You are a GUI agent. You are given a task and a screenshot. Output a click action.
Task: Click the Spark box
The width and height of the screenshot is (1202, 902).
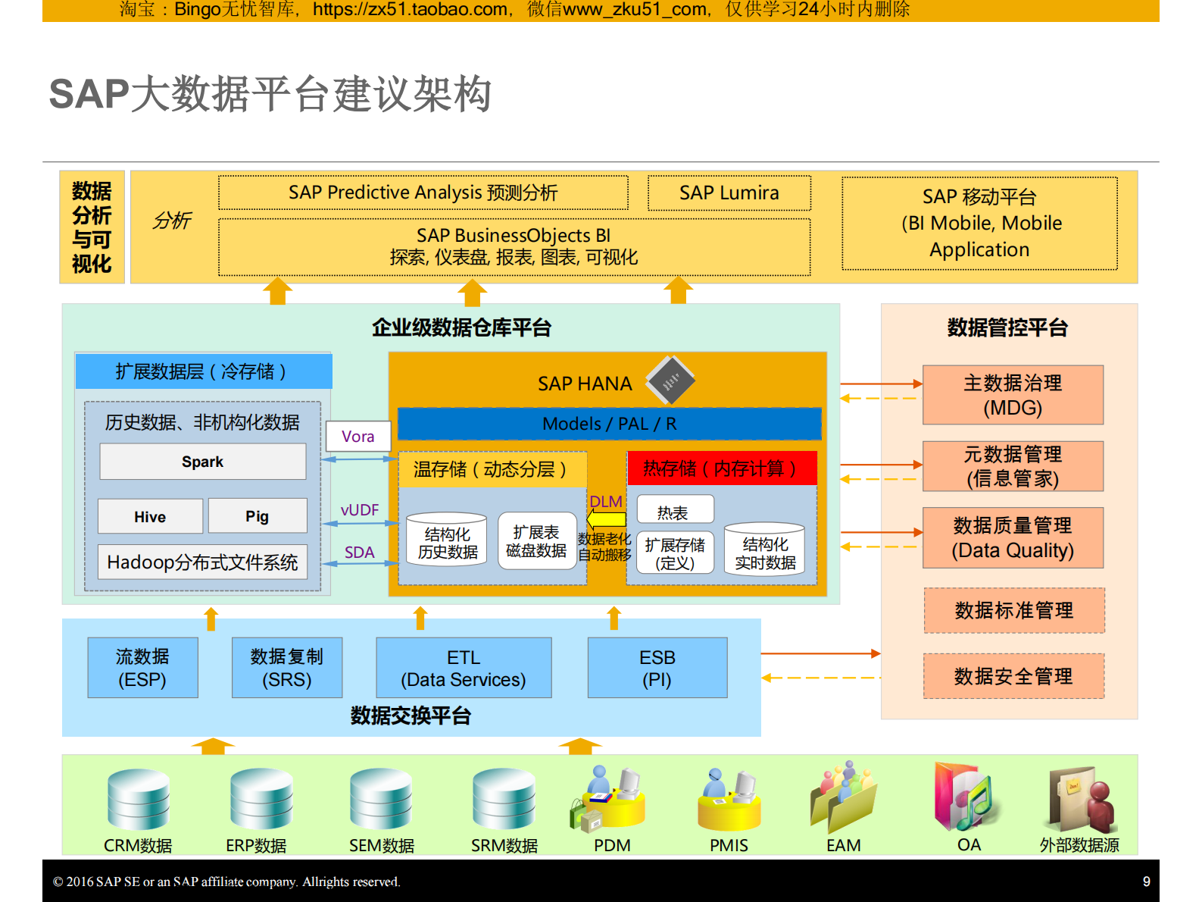click(202, 462)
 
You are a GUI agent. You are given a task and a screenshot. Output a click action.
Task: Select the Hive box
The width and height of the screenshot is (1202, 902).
click(150, 516)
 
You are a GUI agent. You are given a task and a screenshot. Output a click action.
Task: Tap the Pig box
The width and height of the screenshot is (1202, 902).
click(257, 516)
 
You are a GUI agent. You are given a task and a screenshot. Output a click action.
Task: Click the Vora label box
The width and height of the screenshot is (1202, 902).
click(358, 437)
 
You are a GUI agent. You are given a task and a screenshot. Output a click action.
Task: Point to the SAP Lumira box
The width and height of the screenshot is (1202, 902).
click(729, 193)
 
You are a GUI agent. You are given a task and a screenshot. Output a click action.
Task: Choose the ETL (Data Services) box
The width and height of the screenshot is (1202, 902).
click(464, 668)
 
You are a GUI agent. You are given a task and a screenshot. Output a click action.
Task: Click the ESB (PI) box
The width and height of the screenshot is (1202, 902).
click(657, 668)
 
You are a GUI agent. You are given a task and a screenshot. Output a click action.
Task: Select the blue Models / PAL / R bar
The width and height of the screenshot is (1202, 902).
click(609, 424)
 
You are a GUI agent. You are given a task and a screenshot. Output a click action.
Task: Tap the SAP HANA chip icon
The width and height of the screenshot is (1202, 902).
click(670, 380)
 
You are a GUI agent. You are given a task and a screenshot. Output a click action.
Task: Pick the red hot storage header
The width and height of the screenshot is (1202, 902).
click(721, 468)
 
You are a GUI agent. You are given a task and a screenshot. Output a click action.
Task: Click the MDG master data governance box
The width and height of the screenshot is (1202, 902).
click(1013, 395)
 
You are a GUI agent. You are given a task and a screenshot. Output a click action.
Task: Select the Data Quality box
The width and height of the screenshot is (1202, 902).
click(1013, 537)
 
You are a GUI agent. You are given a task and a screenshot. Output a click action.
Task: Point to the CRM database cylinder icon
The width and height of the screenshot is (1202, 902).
click(138, 800)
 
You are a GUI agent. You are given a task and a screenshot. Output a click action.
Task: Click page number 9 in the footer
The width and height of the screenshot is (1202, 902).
click(1146, 882)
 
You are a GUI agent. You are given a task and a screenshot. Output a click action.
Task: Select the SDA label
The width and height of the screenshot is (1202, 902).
click(359, 553)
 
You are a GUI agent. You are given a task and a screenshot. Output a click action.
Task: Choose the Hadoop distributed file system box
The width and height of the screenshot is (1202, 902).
click(202, 562)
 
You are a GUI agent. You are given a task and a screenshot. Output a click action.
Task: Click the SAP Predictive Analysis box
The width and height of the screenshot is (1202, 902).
click(423, 193)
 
